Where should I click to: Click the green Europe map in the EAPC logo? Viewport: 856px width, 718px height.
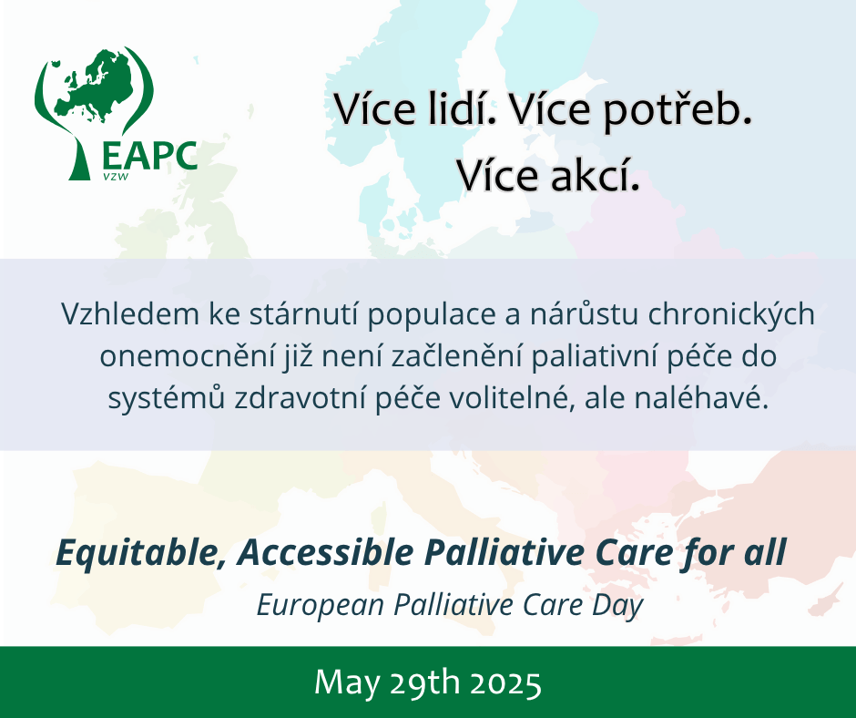pyautogui.click(x=92, y=84)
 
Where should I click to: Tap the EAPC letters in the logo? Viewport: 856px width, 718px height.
pyautogui.click(x=149, y=157)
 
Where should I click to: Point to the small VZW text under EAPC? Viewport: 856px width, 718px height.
pyautogui.click(x=116, y=177)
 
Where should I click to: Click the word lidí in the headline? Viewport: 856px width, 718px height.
pyautogui.click(x=461, y=108)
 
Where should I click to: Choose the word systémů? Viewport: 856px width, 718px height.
pyautogui.click(x=167, y=399)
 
